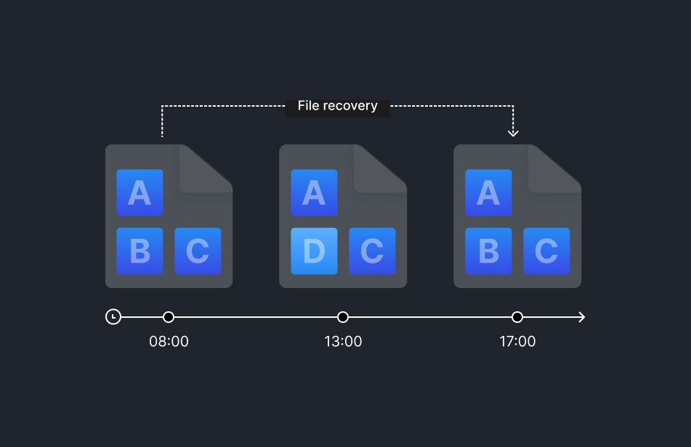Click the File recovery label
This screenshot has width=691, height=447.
click(x=337, y=106)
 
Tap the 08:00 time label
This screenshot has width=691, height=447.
click(x=169, y=341)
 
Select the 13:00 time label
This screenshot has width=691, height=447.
click(x=343, y=341)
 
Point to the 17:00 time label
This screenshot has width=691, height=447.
click(x=517, y=341)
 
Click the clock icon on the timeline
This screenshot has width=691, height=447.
click(x=113, y=317)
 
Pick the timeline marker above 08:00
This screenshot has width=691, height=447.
click(x=169, y=317)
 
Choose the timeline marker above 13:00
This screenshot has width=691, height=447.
click(x=343, y=317)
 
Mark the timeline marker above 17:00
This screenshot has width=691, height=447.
click(x=517, y=317)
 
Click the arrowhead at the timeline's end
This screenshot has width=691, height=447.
click(x=581, y=317)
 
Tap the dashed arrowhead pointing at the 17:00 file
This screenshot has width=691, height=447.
click(x=514, y=132)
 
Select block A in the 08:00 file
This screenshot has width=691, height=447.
click(x=140, y=193)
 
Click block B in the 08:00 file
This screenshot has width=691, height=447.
click(x=140, y=251)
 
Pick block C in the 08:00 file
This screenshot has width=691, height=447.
click(x=198, y=251)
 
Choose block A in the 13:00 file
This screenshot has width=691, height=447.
click(x=314, y=193)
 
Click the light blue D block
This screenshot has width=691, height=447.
click(x=314, y=251)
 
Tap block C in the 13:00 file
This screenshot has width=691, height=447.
click(x=372, y=251)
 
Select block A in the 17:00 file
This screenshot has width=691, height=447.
click(x=488, y=193)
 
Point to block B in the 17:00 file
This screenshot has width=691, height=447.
click(x=488, y=251)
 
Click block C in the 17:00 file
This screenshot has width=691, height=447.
click(x=546, y=251)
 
